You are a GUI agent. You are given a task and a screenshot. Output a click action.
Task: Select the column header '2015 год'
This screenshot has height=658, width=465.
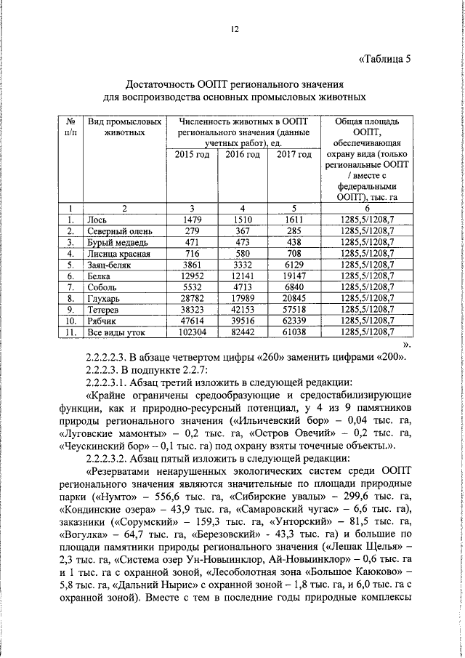tap(192, 155)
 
